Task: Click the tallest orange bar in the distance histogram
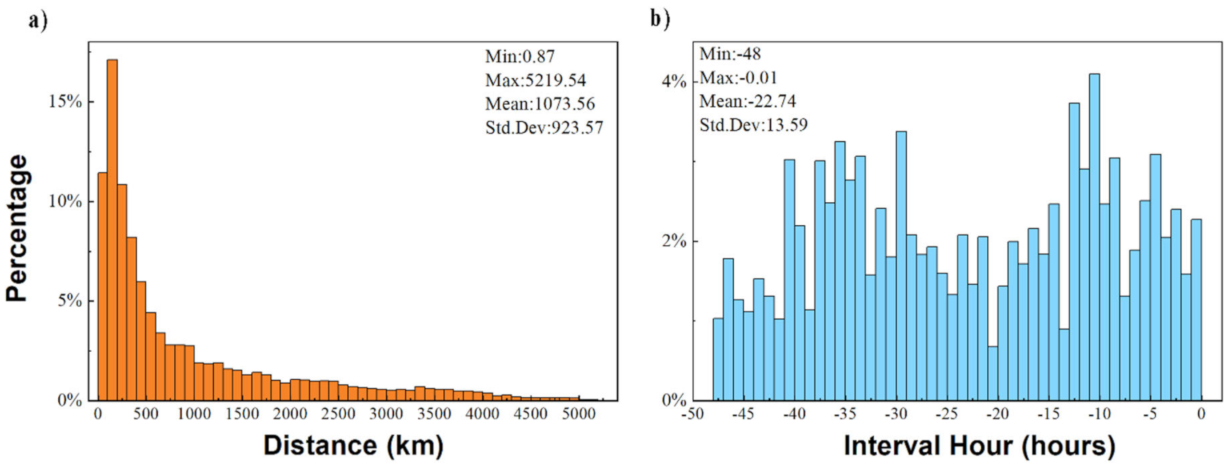coord(112,229)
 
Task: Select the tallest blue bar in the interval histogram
coord(1094,237)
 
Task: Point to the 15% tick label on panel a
coord(66,102)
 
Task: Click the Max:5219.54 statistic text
coord(535,80)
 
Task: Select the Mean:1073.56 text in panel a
coord(540,104)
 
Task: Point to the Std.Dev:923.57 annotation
coord(544,128)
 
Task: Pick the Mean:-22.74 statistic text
coord(747,101)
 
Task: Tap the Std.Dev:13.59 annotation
coord(753,125)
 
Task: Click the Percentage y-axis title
coord(17,228)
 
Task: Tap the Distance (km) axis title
coord(353,445)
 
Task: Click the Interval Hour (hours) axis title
coord(979,445)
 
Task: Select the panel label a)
coord(38,21)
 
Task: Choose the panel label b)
coord(659,19)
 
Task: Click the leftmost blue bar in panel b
coord(718,359)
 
